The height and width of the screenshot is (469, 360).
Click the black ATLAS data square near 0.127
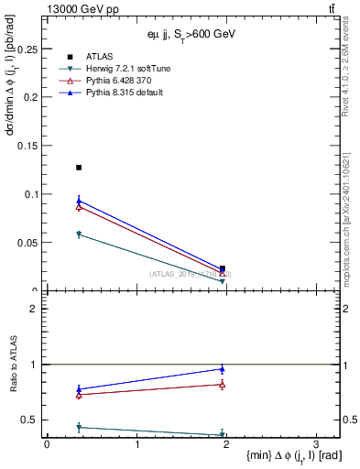pyautogui.click(x=79, y=168)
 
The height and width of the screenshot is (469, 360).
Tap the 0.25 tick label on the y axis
pyautogui.click(x=27, y=48)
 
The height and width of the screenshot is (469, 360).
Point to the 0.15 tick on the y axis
pyautogui.click(x=27, y=145)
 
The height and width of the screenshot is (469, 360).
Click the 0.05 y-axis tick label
pyautogui.click(x=27, y=243)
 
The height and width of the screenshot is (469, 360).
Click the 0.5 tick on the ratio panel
pyautogui.click(x=33, y=420)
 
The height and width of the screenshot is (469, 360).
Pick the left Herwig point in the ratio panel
pyautogui.click(x=79, y=427)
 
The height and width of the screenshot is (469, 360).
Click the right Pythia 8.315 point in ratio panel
pyautogui.click(x=223, y=369)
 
